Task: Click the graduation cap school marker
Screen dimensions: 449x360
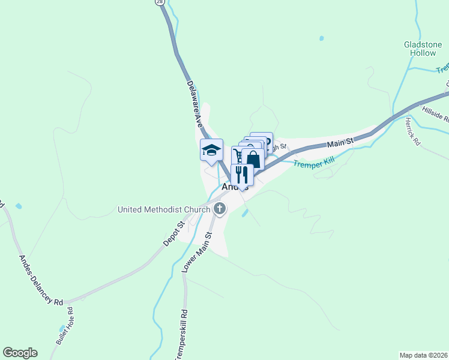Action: (x=211, y=150)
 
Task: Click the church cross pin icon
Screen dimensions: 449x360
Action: (x=220, y=209)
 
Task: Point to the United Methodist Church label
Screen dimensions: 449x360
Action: (x=164, y=209)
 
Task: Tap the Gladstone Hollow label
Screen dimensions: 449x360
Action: (x=423, y=49)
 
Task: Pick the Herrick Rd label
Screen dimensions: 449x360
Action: (x=414, y=128)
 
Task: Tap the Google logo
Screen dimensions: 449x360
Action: (x=20, y=353)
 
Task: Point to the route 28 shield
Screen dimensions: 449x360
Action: (x=159, y=2)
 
